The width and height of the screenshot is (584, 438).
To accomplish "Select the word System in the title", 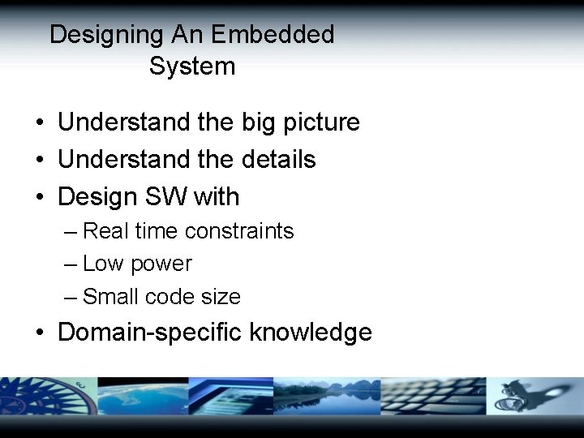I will [192, 67].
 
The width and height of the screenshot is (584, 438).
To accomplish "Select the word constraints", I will [239, 231].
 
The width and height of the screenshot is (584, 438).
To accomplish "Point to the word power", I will [161, 264].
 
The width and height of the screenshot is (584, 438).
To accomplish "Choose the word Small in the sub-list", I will [110, 297].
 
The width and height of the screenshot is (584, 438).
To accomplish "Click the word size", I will [221, 297].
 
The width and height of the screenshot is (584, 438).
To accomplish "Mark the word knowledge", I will [311, 333].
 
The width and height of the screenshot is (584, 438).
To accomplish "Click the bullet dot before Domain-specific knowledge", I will [40, 333].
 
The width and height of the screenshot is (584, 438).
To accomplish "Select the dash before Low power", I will [71, 264].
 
